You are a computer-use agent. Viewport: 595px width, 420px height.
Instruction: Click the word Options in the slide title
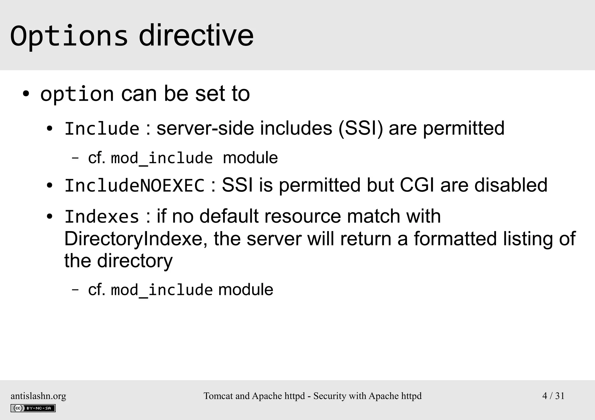click(x=69, y=37)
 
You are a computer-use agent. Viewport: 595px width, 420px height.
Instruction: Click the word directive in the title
click(x=196, y=36)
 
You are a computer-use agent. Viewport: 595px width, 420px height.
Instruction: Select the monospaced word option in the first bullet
click(x=77, y=94)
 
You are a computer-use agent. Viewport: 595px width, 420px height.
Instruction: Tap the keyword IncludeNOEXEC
click(x=135, y=186)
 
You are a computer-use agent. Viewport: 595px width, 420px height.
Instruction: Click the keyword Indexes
click(x=102, y=217)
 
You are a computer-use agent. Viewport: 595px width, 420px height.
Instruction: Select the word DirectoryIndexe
click(x=133, y=239)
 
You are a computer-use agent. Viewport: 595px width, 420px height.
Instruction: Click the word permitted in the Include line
click(x=463, y=128)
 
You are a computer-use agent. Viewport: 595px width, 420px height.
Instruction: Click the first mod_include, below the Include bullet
click(x=162, y=158)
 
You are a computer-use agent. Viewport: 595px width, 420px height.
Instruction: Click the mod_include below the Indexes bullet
click(x=162, y=290)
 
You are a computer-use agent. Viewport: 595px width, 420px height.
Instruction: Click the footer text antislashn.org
click(x=38, y=396)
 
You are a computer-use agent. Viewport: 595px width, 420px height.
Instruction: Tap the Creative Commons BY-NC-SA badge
click(x=33, y=408)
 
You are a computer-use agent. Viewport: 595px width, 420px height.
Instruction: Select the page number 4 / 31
click(x=553, y=396)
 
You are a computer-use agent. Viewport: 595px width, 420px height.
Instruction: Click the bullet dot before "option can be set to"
click(x=26, y=94)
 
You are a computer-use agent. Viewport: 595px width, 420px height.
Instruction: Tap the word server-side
click(x=205, y=128)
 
